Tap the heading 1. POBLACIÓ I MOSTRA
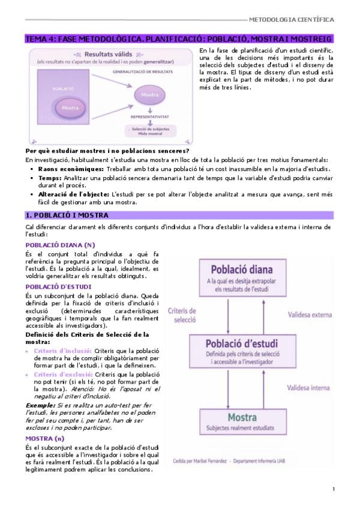point(67,215)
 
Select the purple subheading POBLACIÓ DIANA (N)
point(61,245)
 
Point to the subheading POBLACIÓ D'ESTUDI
point(59,287)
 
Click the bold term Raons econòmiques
point(67,169)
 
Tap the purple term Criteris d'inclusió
point(62,351)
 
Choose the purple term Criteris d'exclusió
point(62,374)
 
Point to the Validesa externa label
point(308,314)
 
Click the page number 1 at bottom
point(333,490)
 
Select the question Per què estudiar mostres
point(107,151)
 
